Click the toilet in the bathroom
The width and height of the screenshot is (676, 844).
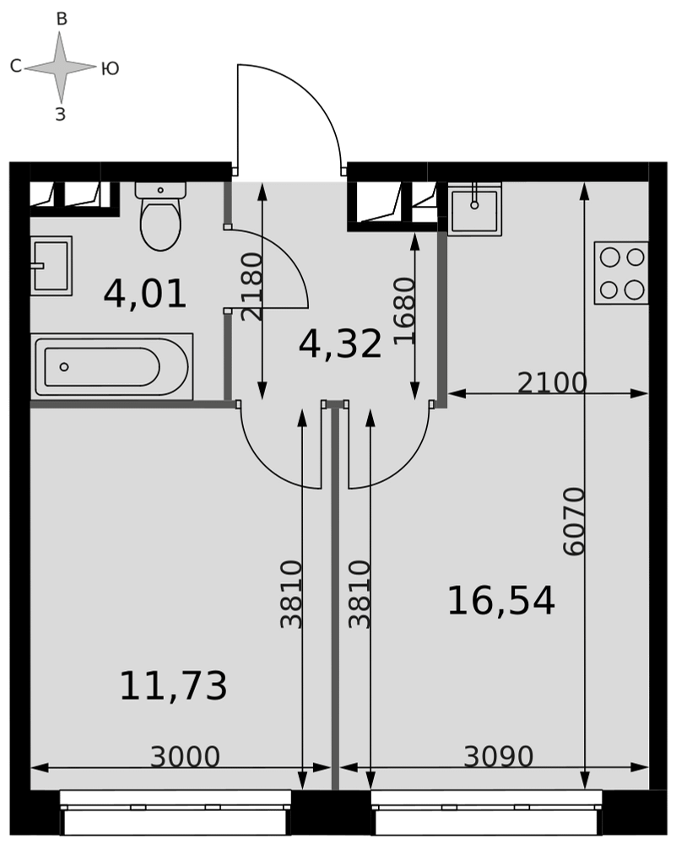click(x=160, y=215)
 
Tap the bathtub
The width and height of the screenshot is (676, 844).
click(x=112, y=366)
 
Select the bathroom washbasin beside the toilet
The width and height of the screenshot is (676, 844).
click(x=51, y=265)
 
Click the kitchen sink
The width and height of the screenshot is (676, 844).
click(x=474, y=208)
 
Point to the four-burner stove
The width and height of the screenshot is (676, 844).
click(x=621, y=273)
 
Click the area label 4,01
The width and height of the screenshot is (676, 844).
click(x=145, y=295)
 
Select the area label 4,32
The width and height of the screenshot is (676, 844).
click(x=340, y=344)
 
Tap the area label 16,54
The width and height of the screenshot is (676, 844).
click(x=501, y=601)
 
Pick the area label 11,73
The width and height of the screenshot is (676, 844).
click(x=173, y=686)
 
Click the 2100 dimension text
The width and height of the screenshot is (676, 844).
click(x=552, y=383)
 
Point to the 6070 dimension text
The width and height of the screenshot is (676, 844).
click(x=573, y=521)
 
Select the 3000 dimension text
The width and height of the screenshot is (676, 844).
click(x=185, y=757)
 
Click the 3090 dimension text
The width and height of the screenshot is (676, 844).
click(x=499, y=757)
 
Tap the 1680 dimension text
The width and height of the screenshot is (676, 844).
click(x=405, y=311)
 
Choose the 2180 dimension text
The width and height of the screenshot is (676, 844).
click(x=251, y=288)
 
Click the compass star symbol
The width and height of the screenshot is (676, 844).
click(x=60, y=68)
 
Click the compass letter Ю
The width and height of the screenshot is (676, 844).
click(x=111, y=69)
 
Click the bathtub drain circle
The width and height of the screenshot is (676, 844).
click(x=64, y=367)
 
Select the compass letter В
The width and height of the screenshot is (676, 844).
click(x=62, y=19)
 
